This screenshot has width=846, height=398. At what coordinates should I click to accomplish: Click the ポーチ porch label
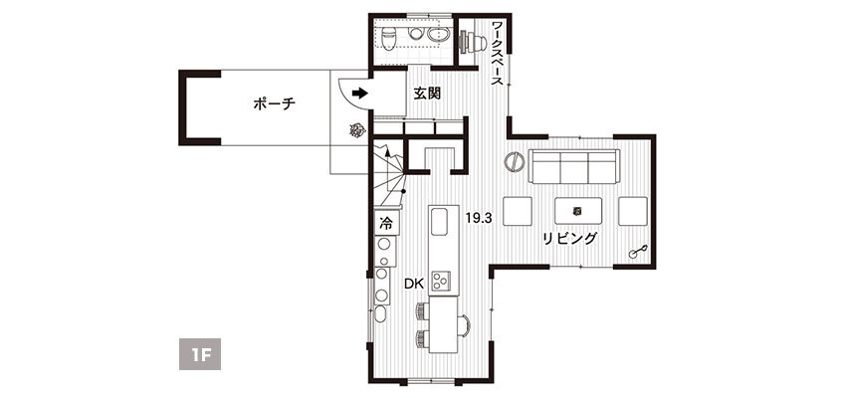click(x=274, y=104)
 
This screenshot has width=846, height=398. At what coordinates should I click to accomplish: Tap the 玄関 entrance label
click(x=427, y=94)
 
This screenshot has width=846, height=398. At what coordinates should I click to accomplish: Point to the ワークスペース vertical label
click(x=498, y=54)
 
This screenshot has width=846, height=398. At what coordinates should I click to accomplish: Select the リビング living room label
click(x=569, y=238)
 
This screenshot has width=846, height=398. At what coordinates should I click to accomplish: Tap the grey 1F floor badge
click(x=200, y=354)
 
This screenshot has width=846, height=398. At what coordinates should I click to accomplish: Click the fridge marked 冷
click(x=386, y=223)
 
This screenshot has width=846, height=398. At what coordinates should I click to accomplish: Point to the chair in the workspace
click(x=470, y=42)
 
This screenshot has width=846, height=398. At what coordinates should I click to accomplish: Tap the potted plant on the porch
click(x=357, y=129)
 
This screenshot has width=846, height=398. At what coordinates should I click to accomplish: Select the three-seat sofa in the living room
click(x=573, y=166)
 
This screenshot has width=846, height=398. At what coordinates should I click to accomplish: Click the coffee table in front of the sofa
click(x=578, y=211)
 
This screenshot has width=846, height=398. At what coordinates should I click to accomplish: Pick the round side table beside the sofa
click(x=515, y=161)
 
